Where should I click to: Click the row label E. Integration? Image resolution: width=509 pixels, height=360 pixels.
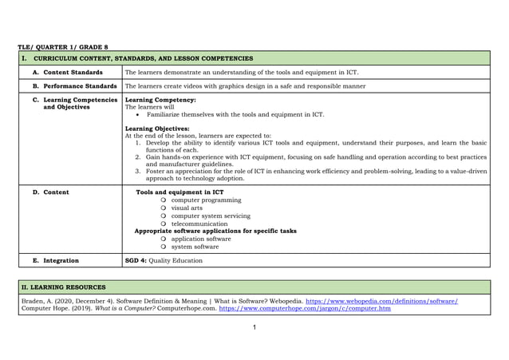(x=56, y=260)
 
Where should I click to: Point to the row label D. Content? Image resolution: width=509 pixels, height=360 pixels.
(x=50, y=192)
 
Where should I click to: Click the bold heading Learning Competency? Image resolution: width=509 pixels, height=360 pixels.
(x=160, y=100)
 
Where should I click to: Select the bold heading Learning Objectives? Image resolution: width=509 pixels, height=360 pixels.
(x=158, y=129)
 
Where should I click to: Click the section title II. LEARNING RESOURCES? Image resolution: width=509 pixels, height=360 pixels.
(x=62, y=287)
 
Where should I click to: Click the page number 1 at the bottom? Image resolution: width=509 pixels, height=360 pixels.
(x=254, y=328)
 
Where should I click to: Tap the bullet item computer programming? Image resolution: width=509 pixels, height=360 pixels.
(x=206, y=200)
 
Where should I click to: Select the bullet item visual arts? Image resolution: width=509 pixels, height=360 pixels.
(x=187, y=208)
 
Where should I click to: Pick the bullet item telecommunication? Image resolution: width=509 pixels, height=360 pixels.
(x=199, y=224)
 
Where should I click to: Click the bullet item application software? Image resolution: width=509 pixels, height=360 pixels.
(x=201, y=239)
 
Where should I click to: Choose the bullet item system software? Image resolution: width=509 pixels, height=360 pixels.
(x=195, y=247)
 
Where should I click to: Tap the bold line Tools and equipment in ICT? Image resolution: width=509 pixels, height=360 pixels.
(x=180, y=192)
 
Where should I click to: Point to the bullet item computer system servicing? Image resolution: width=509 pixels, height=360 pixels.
(x=211, y=216)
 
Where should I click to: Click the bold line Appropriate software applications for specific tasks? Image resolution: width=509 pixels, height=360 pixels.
(x=215, y=231)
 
